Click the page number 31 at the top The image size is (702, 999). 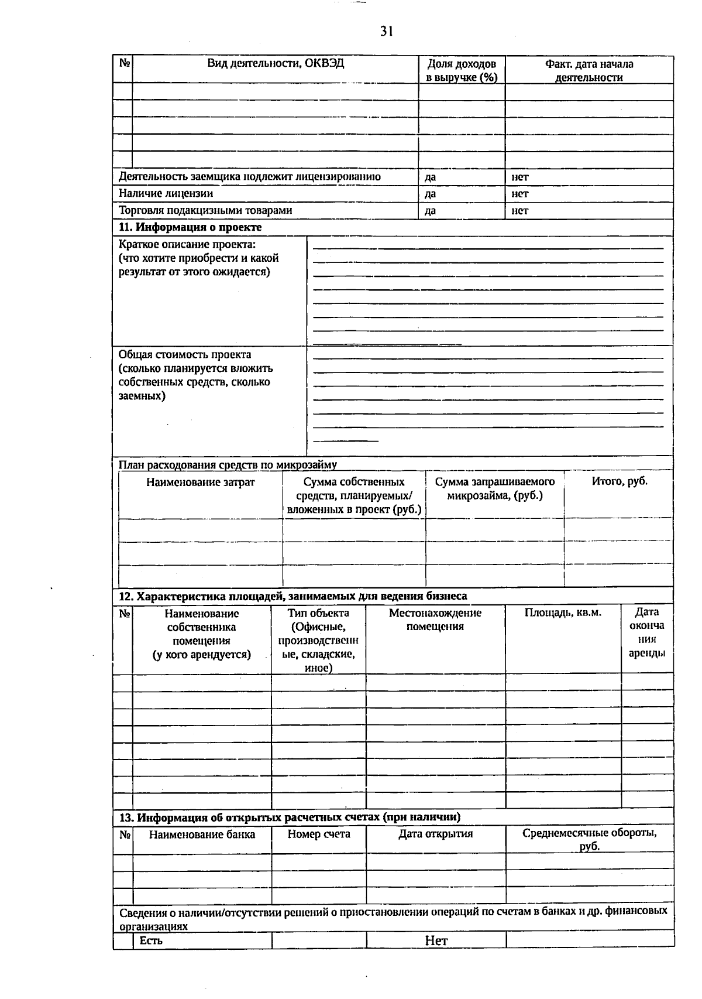(x=386, y=32)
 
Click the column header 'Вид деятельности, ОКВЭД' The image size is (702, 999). (x=276, y=63)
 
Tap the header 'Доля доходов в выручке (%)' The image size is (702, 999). (x=462, y=70)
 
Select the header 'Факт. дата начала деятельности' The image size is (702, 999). (x=589, y=70)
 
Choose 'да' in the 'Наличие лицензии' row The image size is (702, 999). (x=430, y=194)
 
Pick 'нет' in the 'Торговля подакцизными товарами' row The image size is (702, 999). (x=519, y=211)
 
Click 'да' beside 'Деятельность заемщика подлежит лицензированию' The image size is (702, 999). (x=430, y=177)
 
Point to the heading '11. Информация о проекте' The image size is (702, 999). (x=190, y=227)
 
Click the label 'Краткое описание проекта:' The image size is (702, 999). (x=187, y=244)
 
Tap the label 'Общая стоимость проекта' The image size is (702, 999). (x=185, y=355)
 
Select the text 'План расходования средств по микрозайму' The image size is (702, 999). (x=228, y=465)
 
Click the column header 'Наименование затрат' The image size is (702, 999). (x=200, y=483)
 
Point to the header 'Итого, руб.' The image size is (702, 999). (x=619, y=481)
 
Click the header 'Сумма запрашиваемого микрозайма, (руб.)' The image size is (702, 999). (x=494, y=488)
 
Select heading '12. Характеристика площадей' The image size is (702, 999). (x=292, y=596)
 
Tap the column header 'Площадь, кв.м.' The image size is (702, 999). (x=562, y=613)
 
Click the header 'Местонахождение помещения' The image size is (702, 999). (x=435, y=620)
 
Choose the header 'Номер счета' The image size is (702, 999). (x=319, y=834)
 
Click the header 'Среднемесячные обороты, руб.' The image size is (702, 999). (x=589, y=839)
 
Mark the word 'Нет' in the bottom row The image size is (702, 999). (x=436, y=941)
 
